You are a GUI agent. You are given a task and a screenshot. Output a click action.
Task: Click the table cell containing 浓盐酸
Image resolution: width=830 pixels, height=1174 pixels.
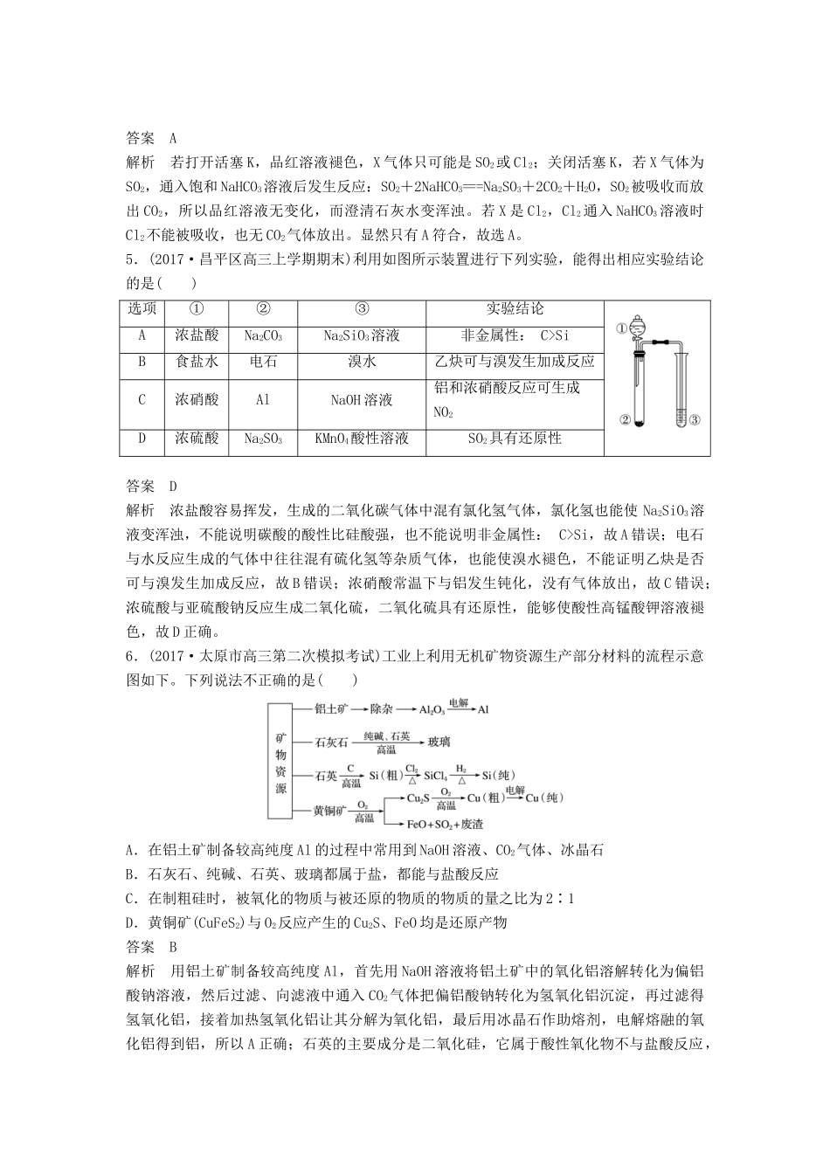coord(197,335)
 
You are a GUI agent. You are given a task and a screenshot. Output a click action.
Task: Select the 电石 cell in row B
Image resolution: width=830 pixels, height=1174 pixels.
coord(263,361)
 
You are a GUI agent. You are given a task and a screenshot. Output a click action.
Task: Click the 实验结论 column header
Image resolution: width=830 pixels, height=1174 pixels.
coord(515,309)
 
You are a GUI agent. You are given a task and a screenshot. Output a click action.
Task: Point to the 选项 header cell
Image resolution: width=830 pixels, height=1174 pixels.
coord(142,309)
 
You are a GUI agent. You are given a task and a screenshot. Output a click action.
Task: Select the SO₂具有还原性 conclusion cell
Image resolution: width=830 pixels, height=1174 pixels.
coord(515,439)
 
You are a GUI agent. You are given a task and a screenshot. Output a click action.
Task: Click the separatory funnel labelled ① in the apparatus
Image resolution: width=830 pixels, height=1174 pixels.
coord(636,328)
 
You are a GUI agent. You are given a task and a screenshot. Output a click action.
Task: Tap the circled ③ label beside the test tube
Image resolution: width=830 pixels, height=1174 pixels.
coord(695,420)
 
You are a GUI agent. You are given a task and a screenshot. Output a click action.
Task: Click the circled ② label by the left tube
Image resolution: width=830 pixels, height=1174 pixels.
coord(625,420)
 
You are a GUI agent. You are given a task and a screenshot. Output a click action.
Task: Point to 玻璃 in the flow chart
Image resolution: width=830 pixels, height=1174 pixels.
coord(439,742)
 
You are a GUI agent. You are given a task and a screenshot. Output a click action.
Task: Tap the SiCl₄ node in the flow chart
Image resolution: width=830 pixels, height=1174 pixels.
coord(435,775)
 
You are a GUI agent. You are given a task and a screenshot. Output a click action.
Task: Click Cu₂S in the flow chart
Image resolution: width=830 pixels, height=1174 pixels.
coord(418,798)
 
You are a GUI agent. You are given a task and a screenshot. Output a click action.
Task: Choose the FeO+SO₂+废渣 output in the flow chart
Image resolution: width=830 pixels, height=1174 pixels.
coord(446,824)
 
